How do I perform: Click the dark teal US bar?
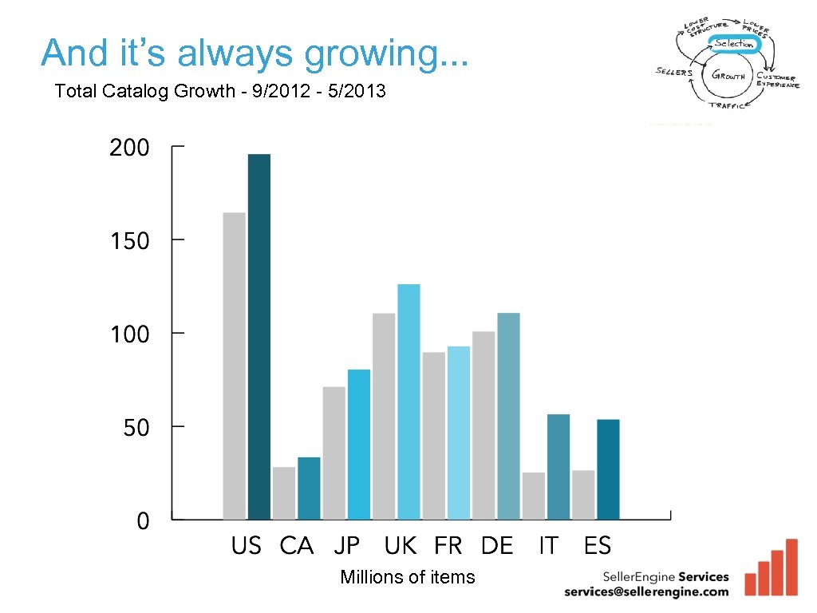click(259, 336)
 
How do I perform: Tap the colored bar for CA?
click(309, 488)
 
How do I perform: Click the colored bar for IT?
click(558, 467)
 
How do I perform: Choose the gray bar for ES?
click(583, 495)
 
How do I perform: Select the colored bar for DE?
click(508, 416)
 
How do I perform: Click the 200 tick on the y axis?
click(129, 148)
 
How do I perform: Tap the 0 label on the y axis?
click(143, 522)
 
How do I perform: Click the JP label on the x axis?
click(347, 546)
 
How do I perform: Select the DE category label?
click(497, 546)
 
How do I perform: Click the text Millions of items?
click(407, 577)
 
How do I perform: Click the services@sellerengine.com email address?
click(646, 591)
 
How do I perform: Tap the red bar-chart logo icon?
click(771, 569)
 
